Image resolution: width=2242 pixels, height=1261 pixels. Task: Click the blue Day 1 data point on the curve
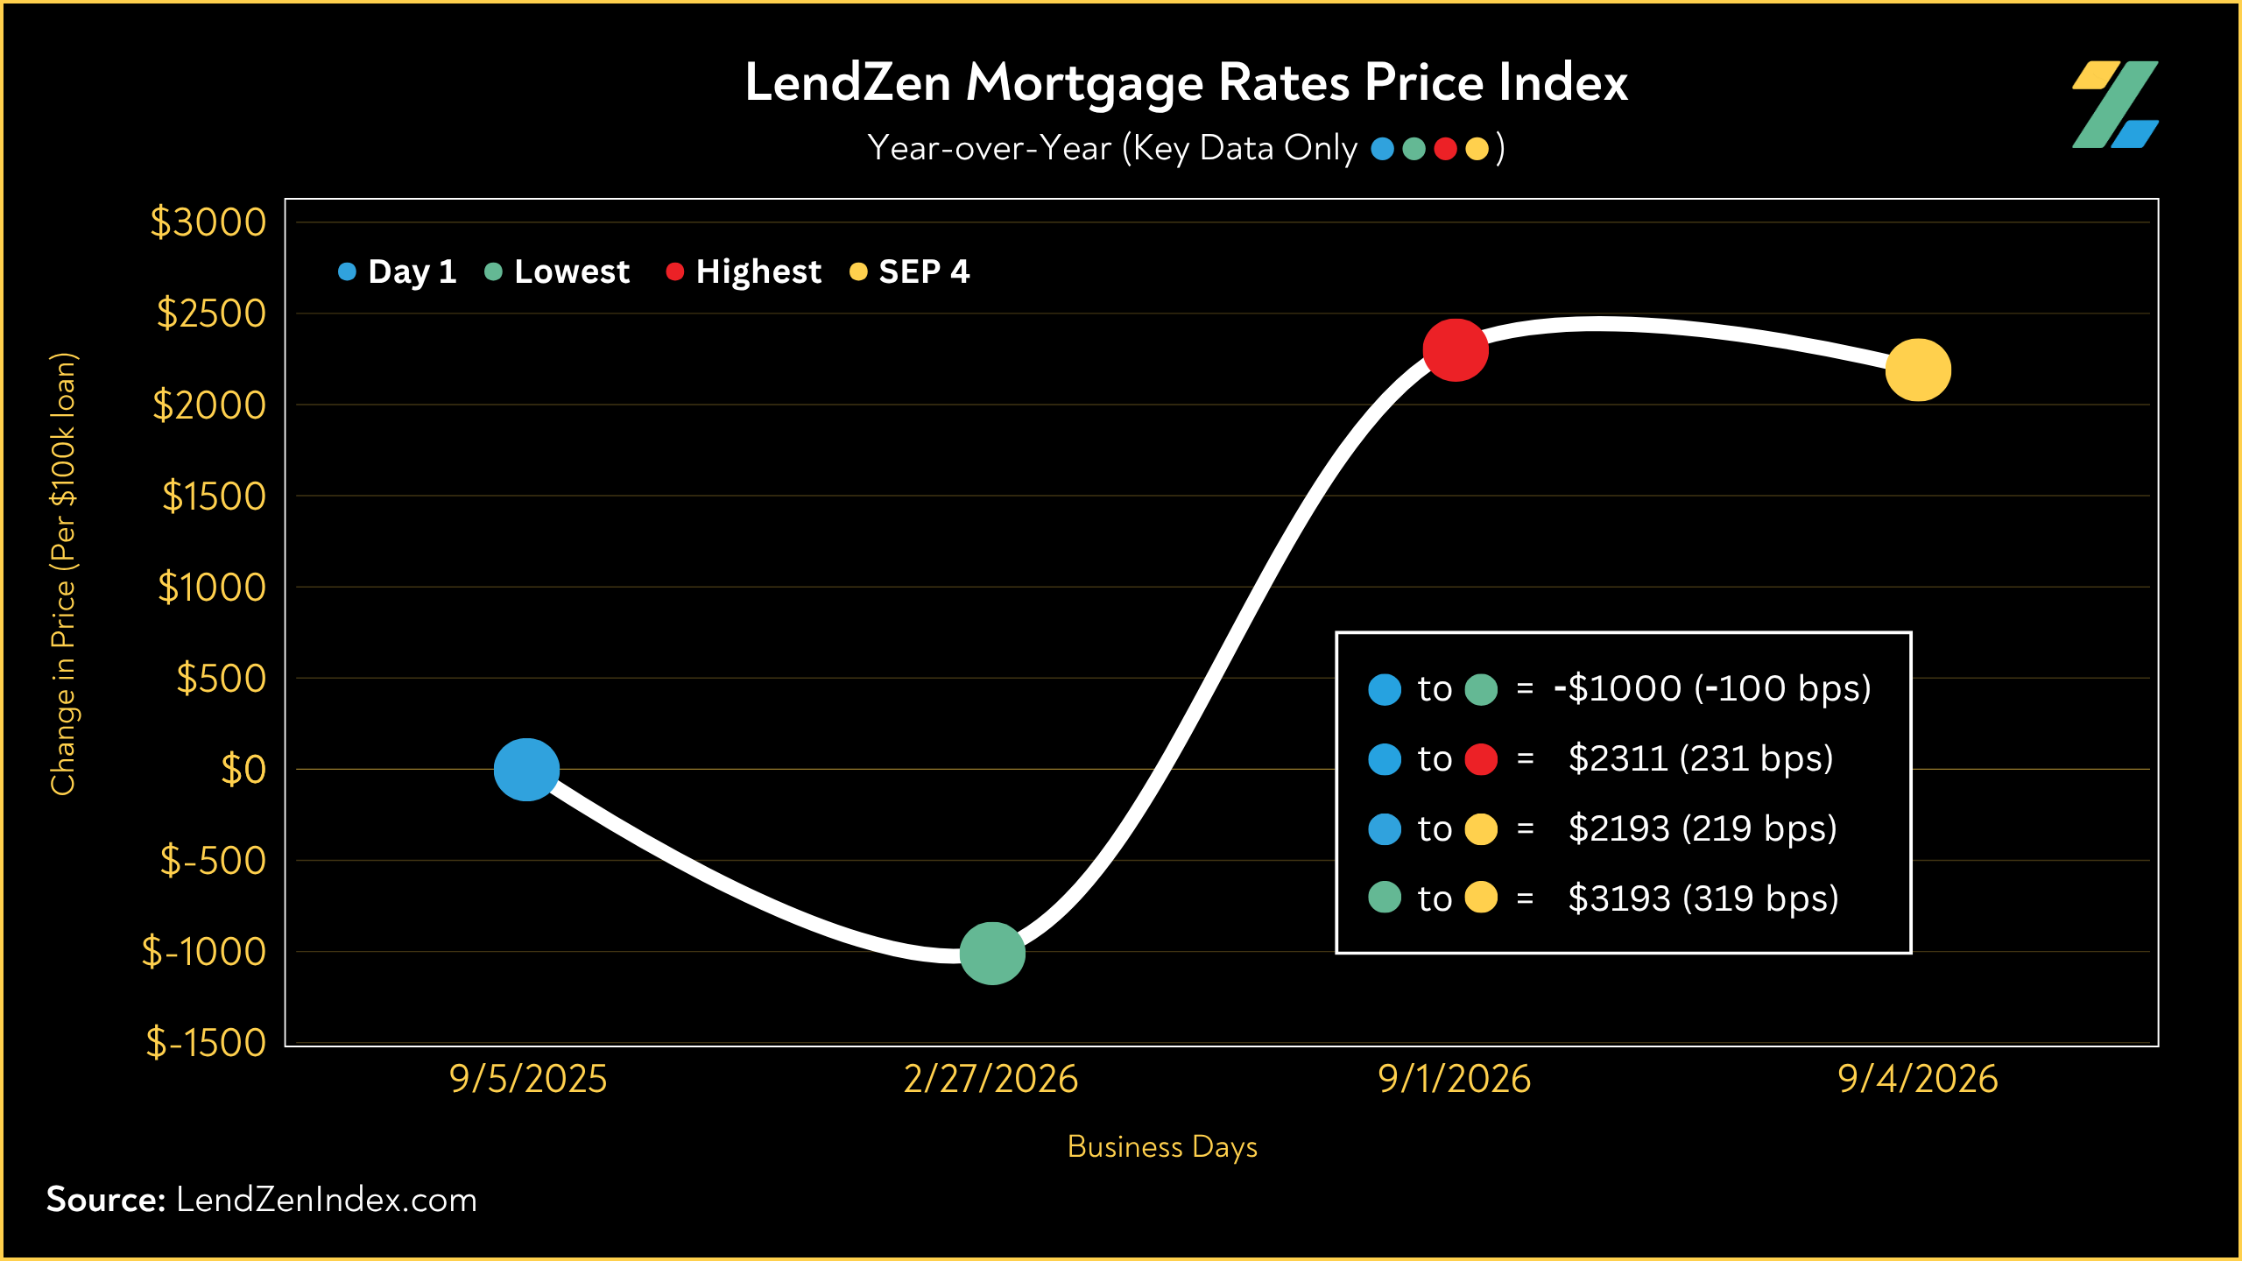point(526,770)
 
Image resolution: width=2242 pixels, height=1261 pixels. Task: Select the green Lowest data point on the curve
point(992,954)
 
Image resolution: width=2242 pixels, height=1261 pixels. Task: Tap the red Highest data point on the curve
point(1456,350)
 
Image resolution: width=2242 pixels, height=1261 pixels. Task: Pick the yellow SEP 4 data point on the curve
point(1918,370)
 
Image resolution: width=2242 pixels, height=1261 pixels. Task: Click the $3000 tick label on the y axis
point(208,222)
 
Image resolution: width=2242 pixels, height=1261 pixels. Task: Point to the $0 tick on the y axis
point(243,770)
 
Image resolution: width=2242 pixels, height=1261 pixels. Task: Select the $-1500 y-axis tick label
point(206,1042)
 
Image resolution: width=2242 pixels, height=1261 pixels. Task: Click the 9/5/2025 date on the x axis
point(528,1079)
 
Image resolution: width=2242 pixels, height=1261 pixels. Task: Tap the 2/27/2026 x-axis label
point(991,1079)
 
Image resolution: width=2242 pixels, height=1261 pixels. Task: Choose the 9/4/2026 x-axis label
point(1918,1079)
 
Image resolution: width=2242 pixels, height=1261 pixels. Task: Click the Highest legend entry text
point(758,272)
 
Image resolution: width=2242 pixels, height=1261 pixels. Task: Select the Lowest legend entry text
point(572,271)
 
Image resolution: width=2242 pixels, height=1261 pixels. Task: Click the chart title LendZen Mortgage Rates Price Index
point(1186,84)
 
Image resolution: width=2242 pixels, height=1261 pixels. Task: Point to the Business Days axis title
point(1162,1147)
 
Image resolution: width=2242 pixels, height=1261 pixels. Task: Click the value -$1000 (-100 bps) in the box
point(1712,689)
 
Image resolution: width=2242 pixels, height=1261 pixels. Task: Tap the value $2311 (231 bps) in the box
point(1701,759)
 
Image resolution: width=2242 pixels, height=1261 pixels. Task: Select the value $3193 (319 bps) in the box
point(1703,899)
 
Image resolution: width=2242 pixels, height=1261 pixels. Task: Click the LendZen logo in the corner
point(2115,104)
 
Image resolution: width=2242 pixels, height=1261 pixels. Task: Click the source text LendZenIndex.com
point(327,1200)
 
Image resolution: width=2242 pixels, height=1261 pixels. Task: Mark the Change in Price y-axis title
point(63,574)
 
